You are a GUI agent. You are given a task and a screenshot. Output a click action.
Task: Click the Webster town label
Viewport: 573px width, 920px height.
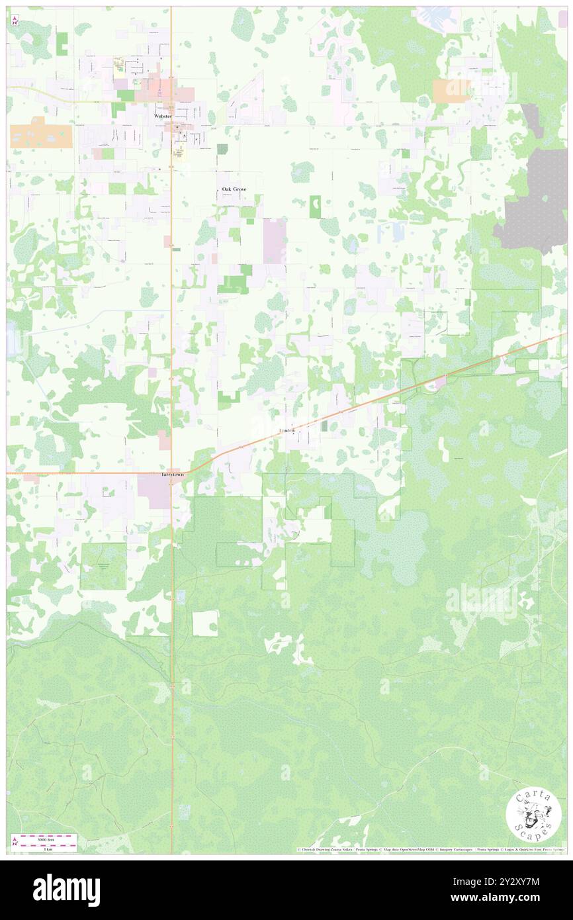162,116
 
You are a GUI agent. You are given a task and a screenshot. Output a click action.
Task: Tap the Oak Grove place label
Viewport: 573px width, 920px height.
234,189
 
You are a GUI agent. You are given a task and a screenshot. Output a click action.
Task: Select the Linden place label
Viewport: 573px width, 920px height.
286,431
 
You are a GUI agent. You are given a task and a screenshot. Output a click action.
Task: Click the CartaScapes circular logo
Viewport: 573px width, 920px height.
533,815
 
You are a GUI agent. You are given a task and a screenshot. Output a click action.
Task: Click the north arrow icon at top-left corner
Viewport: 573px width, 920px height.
15,21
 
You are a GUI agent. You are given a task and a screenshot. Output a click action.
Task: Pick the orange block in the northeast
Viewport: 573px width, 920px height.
451,91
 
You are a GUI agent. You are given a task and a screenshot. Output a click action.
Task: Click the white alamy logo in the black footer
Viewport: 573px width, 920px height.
66,890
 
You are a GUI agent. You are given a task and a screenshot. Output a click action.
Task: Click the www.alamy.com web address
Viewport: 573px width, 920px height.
509,899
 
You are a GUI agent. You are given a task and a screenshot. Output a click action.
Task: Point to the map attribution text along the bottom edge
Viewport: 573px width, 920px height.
430,849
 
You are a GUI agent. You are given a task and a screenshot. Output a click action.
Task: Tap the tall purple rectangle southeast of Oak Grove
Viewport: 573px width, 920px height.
275,242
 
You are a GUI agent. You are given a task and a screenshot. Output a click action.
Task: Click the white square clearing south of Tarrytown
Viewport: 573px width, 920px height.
204,623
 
